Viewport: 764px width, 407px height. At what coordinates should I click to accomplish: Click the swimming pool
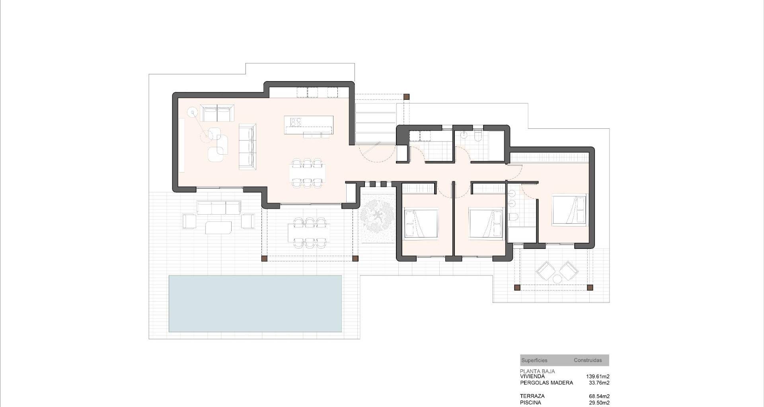tap(255, 303)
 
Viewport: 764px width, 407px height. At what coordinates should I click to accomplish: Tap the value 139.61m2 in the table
tap(598, 376)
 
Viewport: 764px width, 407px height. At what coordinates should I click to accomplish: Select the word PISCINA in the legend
tap(530, 403)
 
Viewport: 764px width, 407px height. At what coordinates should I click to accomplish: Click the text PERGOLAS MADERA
tap(546, 383)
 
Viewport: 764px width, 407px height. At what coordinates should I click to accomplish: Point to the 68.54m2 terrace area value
tap(599, 396)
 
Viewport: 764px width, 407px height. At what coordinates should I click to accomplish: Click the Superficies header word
tap(534, 360)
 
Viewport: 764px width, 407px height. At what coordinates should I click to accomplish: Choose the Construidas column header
tap(588, 360)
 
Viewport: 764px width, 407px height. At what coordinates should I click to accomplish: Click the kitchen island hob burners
tap(296, 122)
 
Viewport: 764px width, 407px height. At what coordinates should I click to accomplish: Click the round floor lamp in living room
tap(193, 112)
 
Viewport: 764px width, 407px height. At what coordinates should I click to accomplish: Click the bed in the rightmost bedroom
tap(569, 210)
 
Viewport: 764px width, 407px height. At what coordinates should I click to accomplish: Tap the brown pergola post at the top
tap(406, 97)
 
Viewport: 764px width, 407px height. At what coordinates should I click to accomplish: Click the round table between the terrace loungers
tap(557, 279)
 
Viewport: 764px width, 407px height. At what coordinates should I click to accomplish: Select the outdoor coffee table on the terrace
tap(218, 227)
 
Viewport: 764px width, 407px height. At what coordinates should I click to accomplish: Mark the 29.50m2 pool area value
tap(599, 403)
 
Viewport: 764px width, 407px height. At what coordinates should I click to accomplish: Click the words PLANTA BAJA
tap(537, 371)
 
